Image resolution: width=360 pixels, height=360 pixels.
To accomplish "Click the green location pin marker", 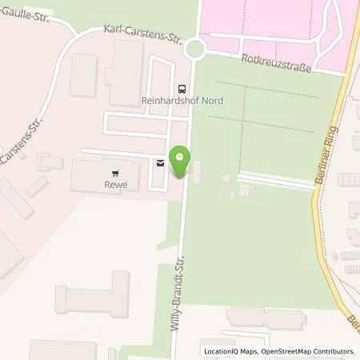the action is tap(180, 162).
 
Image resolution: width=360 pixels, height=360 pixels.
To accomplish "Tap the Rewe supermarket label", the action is tap(116, 184).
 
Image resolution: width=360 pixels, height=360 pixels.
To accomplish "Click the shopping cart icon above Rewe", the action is tap(116, 171).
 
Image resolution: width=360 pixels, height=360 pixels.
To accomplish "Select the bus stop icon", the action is tap(181, 90).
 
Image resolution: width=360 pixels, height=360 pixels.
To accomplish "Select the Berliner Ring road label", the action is tap(335, 152).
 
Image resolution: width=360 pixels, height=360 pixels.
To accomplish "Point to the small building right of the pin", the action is tap(198, 170).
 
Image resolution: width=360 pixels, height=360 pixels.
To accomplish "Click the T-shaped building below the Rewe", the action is tap(92, 292).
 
